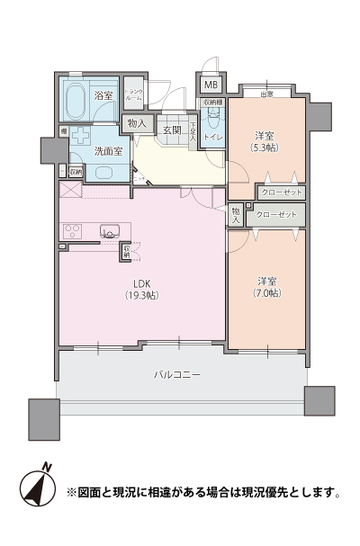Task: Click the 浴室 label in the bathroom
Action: point(103,95)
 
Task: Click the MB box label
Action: point(210,85)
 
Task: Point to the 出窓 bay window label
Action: point(266,94)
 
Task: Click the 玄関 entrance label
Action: point(172,130)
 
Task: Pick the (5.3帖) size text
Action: point(264,146)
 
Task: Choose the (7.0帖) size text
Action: point(267,293)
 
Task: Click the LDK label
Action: point(140,282)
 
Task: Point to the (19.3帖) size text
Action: point(140,294)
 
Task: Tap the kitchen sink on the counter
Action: point(109,231)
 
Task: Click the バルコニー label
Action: point(176,374)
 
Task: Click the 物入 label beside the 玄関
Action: point(137,123)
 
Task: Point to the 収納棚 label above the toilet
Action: point(212,103)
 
